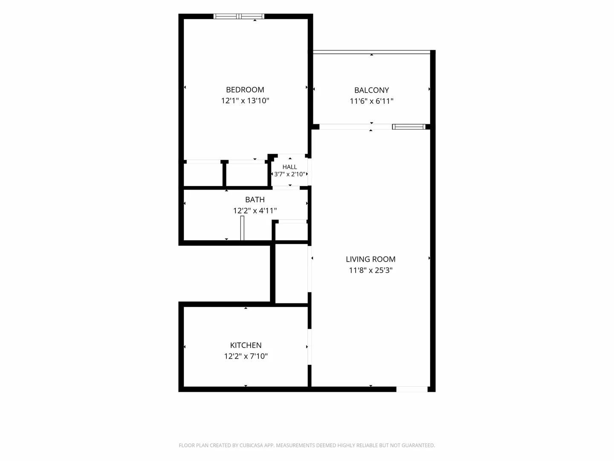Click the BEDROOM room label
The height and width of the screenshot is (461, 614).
pyautogui.click(x=245, y=90)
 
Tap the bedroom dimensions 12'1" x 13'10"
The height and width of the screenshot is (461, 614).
pyautogui.click(x=245, y=100)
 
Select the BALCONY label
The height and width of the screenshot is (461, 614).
pyautogui.click(x=371, y=90)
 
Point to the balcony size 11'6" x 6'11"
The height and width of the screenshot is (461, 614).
pyautogui.click(x=371, y=101)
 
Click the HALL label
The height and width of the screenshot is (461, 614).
pyautogui.click(x=290, y=167)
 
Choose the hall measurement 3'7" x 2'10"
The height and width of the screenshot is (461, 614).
pyautogui.click(x=290, y=175)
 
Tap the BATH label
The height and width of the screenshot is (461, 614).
pyautogui.click(x=255, y=200)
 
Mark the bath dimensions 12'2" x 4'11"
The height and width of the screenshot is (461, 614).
pyautogui.click(x=255, y=210)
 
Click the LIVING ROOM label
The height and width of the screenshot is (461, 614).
pyautogui.click(x=371, y=259)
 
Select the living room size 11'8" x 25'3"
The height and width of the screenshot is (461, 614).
pyautogui.click(x=371, y=270)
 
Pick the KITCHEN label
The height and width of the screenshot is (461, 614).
pyautogui.click(x=246, y=345)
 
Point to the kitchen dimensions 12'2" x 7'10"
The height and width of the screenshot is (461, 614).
pyautogui.click(x=246, y=356)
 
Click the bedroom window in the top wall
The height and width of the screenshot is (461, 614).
pyautogui.click(x=239, y=16)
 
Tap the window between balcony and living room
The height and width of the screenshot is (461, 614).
pyautogui.click(x=408, y=127)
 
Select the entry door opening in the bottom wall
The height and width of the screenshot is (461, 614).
pyautogui.click(x=412, y=389)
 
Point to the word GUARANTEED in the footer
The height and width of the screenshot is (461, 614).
pyautogui.click(x=418, y=445)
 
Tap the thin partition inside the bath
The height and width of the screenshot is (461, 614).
pyautogui.click(x=242, y=228)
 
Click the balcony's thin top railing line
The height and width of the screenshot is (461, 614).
pyautogui.click(x=371, y=52)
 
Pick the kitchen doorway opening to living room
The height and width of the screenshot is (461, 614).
pyautogui.click(x=310, y=347)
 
